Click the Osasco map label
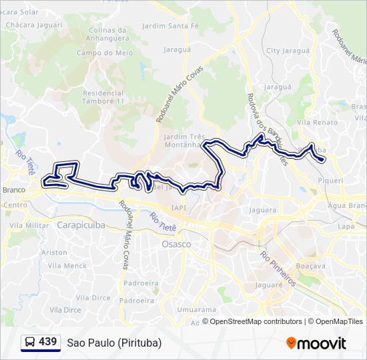pyautogui.click(x=176, y=245)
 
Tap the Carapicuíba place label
pyautogui.click(x=81, y=225)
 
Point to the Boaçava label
pyautogui.click(x=310, y=265)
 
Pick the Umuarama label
pyautogui.click(x=196, y=310)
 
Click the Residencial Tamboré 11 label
pyautogui.click(x=103, y=97)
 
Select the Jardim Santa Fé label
pyautogui.click(x=171, y=26)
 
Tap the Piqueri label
pyautogui.click(x=331, y=180)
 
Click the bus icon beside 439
pyautogui.click(x=29, y=343)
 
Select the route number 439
pyautogui.click(x=48, y=342)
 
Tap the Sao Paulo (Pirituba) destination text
pyautogui.click(x=114, y=343)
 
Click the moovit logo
pyautogui.click(x=316, y=343)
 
